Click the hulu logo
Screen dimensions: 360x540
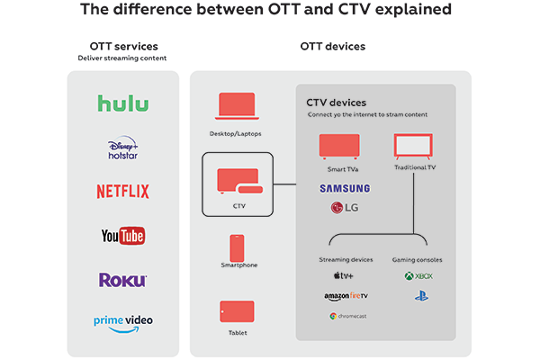[122, 103]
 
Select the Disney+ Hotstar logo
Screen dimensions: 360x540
[122, 149]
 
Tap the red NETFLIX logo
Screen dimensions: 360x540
[122, 191]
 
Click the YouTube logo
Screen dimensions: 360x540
[122, 236]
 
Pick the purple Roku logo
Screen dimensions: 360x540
[122, 280]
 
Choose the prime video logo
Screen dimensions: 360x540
[122, 322]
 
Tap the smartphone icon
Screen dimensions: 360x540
[237, 247]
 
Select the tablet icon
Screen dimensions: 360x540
[237, 312]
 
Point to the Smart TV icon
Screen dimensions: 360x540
[339, 146]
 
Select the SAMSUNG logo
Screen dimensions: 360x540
[344, 188]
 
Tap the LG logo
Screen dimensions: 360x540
[343, 208]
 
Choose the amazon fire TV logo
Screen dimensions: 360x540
[346, 296]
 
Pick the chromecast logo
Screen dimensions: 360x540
[346, 316]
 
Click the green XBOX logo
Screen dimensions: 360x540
[419, 277]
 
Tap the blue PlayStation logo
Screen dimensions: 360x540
[419, 295]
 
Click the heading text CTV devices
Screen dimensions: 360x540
[336, 103]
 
